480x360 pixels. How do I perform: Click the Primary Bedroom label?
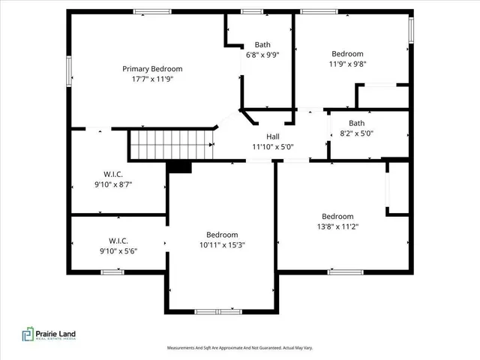click(x=152, y=69)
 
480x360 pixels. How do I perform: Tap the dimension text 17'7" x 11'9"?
click(x=152, y=79)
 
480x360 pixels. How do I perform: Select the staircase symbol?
click(x=172, y=144)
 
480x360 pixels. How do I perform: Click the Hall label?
click(x=274, y=136)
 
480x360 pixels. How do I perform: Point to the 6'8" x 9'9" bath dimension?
click(x=262, y=54)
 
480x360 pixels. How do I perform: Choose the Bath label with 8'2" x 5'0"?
click(x=356, y=124)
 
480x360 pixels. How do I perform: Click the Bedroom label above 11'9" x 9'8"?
click(x=347, y=54)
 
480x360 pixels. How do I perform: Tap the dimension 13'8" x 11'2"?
click(x=337, y=226)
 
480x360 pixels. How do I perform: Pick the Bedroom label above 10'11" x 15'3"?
click(x=222, y=234)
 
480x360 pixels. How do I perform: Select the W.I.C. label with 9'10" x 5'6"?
click(x=119, y=241)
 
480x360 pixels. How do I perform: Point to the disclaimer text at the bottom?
click(x=240, y=348)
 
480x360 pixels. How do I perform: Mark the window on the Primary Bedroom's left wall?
click(x=70, y=71)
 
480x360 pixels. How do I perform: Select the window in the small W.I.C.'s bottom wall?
click(x=112, y=271)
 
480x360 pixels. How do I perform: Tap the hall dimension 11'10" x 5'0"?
click(x=277, y=147)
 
